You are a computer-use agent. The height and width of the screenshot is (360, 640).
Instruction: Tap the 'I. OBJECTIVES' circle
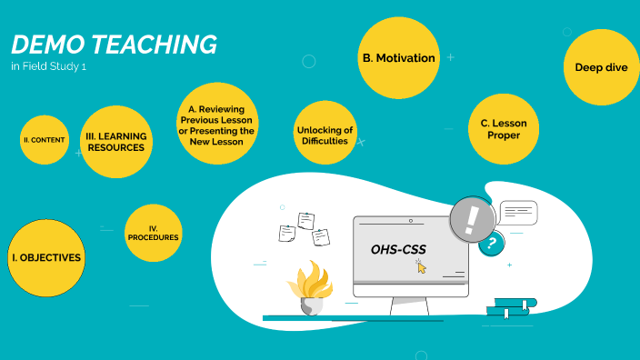point(45,258)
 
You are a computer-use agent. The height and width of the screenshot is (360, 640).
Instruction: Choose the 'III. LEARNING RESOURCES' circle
point(115,141)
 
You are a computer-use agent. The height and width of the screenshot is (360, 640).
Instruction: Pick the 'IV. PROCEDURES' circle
point(153,233)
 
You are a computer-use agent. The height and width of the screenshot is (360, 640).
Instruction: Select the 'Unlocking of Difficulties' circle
point(325,135)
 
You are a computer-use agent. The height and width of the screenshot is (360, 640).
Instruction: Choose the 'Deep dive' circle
point(601,67)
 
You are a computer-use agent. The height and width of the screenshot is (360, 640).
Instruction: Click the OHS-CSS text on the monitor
point(398,249)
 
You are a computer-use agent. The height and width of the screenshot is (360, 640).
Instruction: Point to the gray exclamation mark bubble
point(471,220)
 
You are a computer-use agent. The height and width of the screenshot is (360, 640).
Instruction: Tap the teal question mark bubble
point(492,243)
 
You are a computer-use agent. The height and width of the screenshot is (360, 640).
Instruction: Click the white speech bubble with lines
point(518,214)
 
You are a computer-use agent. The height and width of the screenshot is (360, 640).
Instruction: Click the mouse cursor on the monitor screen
point(421,266)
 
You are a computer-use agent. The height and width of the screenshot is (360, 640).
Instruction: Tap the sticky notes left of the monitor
point(304,228)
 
